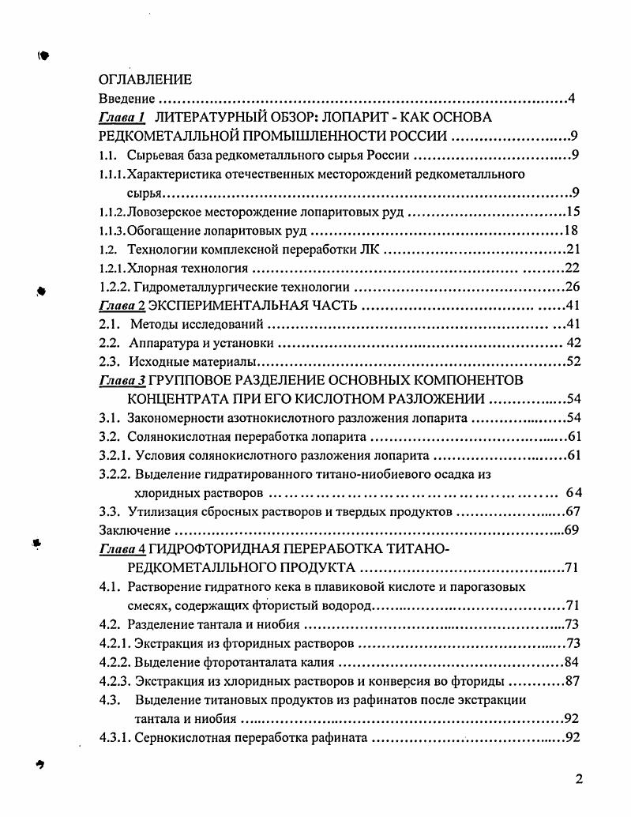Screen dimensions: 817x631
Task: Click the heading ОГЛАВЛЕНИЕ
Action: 145,80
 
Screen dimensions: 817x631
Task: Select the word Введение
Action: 126,99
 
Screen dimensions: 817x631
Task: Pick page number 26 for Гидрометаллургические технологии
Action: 573,287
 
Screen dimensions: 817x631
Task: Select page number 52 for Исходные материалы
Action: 573,362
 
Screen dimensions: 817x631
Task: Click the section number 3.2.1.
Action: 115,456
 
